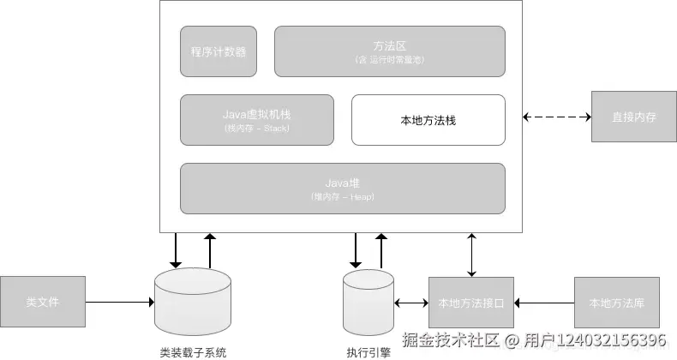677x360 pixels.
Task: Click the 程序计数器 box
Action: click(x=219, y=51)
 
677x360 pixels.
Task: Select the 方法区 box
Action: click(x=389, y=51)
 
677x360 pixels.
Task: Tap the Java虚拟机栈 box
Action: click(x=257, y=119)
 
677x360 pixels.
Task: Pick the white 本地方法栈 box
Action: click(x=428, y=119)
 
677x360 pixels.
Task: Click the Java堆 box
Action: click(x=342, y=188)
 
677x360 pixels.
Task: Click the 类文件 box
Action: click(x=43, y=302)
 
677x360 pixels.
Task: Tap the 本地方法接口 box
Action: click(x=470, y=303)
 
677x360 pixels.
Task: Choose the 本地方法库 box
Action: click(x=617, y=303)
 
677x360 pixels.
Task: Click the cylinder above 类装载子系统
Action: click(x=193, y=304)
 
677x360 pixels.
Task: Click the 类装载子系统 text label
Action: click(x=193, y=351)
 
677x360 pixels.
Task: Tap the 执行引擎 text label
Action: click(x=368, y=351)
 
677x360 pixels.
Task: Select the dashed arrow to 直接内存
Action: click(x=557, y=117)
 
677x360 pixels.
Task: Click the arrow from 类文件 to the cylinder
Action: click(x=120, y=303)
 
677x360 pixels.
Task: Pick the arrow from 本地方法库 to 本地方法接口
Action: click(x=544, y=303)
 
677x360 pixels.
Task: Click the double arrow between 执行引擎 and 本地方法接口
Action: click(x=411, y=303)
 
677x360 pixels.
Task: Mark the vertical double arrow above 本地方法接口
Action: click(x=470, y=254)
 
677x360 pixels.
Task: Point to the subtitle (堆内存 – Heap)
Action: click(x=342, y=197)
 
